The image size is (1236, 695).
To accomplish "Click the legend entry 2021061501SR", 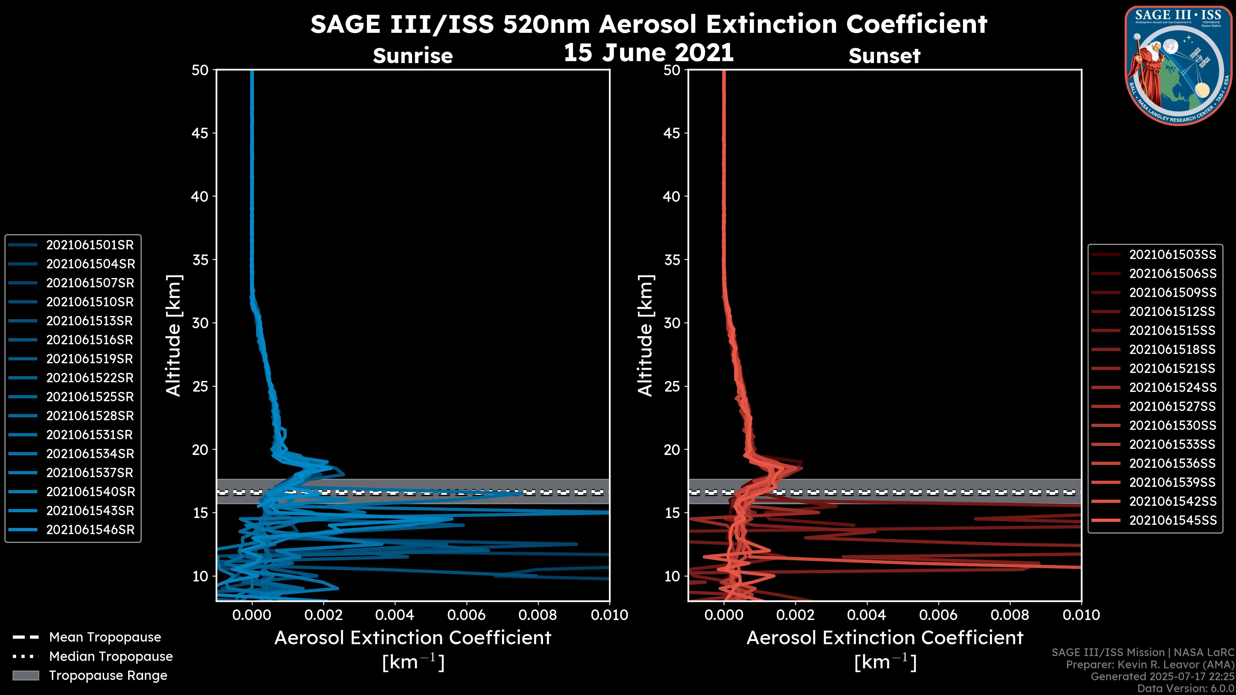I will coord(90,245).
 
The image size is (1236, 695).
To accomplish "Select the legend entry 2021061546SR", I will coord(90,530).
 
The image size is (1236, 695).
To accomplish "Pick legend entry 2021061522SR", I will coord(90,378).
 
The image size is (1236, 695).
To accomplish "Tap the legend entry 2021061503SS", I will coord(1172,255).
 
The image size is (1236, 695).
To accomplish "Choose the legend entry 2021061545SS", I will coord(1172,520).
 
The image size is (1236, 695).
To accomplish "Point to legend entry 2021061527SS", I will coord(1172,407).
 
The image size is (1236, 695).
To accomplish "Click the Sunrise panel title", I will coord(413,56).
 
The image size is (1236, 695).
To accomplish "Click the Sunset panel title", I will coord(884,56).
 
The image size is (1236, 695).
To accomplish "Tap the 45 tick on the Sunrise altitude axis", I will coord(200,133).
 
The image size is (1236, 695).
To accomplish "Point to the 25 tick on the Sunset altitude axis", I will coord(672,386).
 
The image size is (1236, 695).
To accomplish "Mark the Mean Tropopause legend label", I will coord(105,637).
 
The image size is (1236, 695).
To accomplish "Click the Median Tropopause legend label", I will coord(111,657).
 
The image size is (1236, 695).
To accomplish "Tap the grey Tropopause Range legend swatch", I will coord(25,676).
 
